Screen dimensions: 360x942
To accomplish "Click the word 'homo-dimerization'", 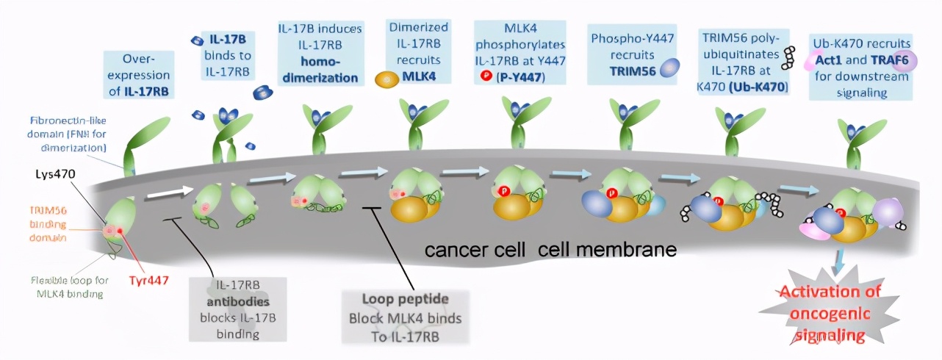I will point(318,70).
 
